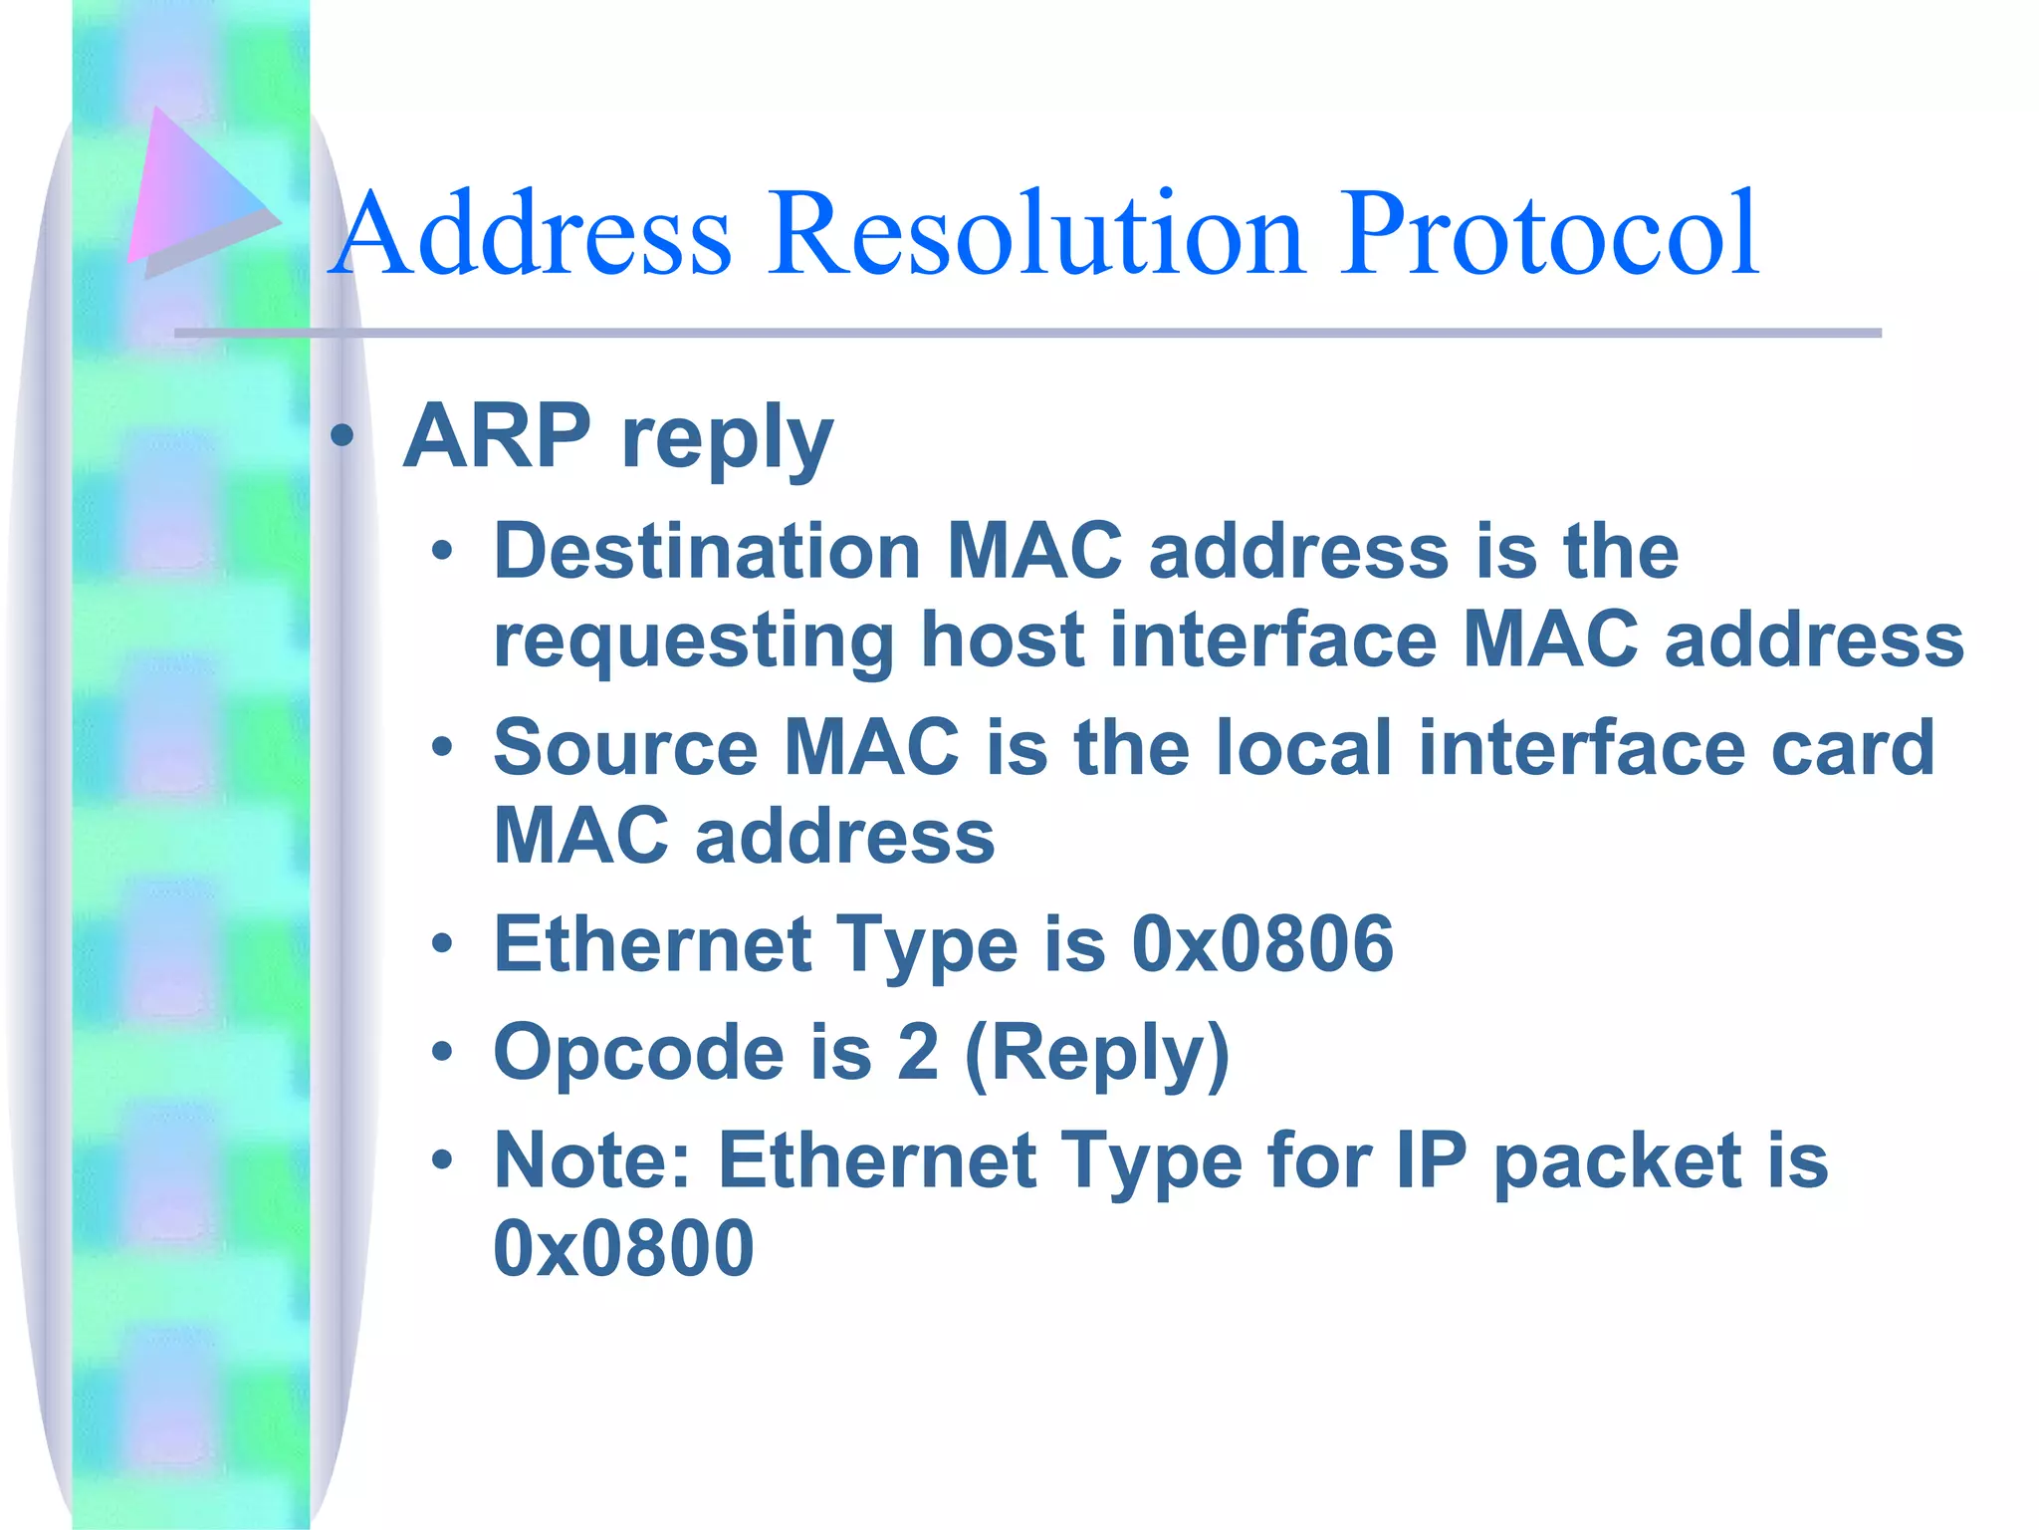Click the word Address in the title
click(533, 235)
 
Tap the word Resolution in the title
click(1035, 235)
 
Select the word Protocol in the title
click(1548, 235)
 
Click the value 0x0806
click(1262, 944)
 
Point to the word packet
click(1618, 1162)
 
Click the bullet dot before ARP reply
click(342, 435)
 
